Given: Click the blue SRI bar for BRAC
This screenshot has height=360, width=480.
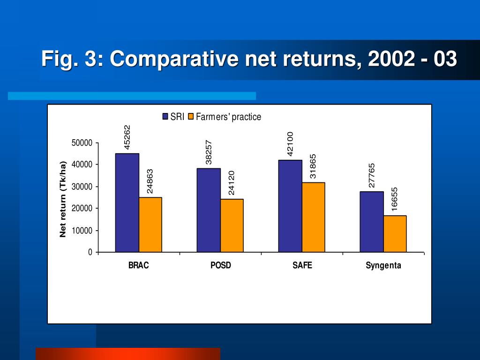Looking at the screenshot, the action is point(127,202).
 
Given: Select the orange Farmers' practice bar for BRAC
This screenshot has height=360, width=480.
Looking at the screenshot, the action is point(150,225).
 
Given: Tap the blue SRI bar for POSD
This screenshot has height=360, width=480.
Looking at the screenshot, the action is point(209,210).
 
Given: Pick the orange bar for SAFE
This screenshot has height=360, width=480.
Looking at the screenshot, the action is point(314,217).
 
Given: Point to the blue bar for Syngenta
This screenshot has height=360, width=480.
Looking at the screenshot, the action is point(372,222).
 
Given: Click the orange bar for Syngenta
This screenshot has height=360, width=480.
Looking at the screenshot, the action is point(395,234).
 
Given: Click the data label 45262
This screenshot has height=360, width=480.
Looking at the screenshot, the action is point(127,137).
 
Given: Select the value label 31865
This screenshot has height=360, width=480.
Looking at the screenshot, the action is point(313,166).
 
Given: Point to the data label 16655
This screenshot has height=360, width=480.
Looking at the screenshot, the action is point(394,199).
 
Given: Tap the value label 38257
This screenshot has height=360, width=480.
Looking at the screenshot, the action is point(209,152).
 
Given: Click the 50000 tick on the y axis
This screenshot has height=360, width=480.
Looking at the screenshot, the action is point(82,143).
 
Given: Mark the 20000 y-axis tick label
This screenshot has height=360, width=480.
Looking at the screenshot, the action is point(82,209).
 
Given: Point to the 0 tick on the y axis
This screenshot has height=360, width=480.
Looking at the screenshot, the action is point(90,252).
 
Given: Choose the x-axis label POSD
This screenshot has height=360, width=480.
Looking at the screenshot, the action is point(221,265).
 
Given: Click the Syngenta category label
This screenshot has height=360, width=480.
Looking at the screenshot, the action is point(383,265).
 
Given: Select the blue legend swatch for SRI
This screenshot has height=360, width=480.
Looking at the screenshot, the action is point(165,117).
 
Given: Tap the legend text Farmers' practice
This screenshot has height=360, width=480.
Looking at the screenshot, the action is point(228,117).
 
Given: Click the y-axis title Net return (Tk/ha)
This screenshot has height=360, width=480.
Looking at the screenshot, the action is point(63,199).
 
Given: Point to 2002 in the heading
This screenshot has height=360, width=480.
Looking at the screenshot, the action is point(391,59).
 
